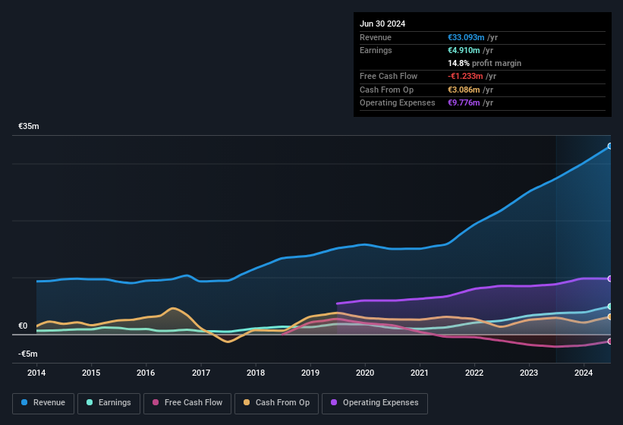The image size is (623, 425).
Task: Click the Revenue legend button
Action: (43, 403)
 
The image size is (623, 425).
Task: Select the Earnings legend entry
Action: (109, 403)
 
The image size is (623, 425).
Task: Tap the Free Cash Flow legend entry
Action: (187, 403)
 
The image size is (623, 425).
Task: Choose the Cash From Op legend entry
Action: (277, 403)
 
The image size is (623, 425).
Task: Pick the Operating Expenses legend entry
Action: (375, 403)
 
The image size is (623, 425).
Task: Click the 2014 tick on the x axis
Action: (36, 373)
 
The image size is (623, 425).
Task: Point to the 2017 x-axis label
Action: (201, 373)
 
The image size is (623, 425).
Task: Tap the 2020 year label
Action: (365, 373)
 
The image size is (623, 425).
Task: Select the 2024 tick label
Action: (584, 373)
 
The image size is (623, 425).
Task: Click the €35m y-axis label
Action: (28, 126)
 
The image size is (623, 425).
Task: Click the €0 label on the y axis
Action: (23, 326)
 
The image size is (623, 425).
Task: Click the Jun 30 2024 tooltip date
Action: (382, 24)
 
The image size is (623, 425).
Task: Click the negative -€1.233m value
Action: (471, 76)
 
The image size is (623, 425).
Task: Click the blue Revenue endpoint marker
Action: (610, 146)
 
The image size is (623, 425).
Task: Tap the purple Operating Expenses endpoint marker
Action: (610, 279)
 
